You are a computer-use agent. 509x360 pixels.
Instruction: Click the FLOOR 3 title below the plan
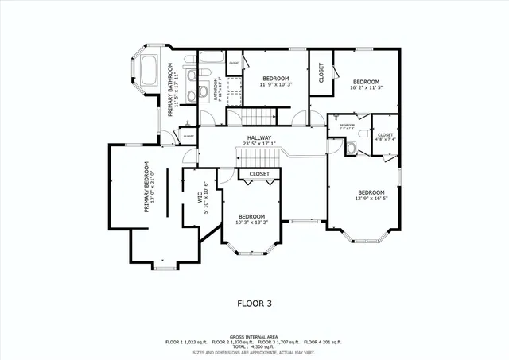point(254,303)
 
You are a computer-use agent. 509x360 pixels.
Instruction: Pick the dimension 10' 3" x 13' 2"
point(251,223)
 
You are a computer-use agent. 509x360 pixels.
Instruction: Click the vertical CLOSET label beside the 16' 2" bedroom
point(321,74)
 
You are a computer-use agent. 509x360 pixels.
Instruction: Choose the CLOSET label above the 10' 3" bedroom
point(259,174)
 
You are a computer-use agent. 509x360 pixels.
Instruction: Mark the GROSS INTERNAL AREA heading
point(254,336)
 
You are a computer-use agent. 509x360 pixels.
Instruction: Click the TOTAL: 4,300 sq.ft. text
point(254,346)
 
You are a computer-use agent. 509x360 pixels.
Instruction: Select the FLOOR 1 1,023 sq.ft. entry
point(185,341)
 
